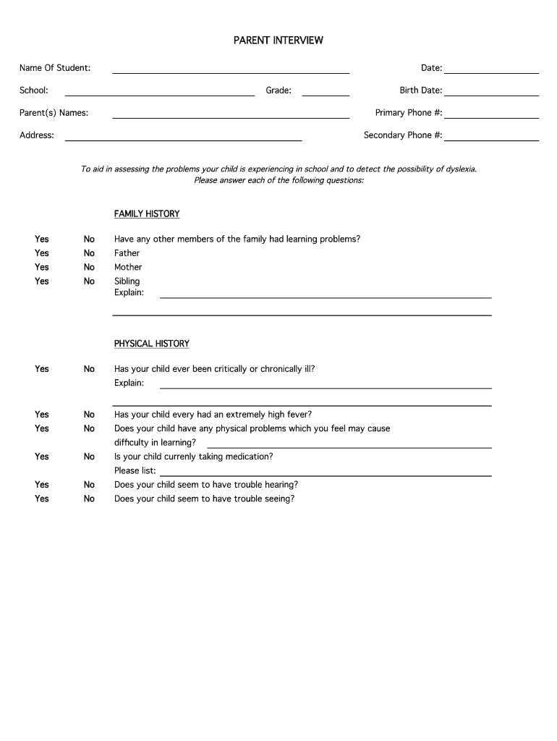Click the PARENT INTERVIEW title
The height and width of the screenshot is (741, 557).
[x=278, y=41]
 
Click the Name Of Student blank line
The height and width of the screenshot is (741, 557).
[x=230, y=69]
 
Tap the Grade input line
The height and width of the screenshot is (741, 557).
[x=326, y=92]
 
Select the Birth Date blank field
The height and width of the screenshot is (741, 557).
[x=491, y=92]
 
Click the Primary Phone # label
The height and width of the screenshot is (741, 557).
[x=408, y=113]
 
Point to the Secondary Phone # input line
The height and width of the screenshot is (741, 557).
[x=491, y=137]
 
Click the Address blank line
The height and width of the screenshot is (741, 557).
[x=183, y=137]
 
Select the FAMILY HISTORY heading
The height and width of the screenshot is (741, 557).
[x=147, y=214]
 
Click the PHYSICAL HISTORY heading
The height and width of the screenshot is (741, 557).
[x=151, y=344]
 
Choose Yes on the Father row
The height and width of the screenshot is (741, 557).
[x=42, y=253]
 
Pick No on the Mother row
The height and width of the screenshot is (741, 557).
[x=89, y=267]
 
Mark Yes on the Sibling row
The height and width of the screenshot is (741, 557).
[x=42, y=281]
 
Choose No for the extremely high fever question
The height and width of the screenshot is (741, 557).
[x=89, y=415]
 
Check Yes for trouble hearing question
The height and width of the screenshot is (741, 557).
[x=42, y=485]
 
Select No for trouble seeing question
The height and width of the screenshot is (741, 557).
[x=89, y=499]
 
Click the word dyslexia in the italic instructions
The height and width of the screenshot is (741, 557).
[x=461, y=169]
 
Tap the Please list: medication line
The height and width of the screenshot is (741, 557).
[x=325, y=472]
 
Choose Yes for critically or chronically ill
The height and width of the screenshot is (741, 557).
[x=42, y=369]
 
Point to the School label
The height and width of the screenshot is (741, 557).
[x=34, y=90]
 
